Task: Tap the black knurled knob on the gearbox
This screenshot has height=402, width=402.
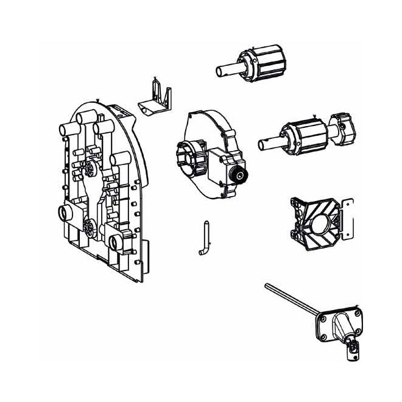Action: [x=239, y=177]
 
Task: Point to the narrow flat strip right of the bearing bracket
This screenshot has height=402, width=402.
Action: [x=348, y=219]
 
